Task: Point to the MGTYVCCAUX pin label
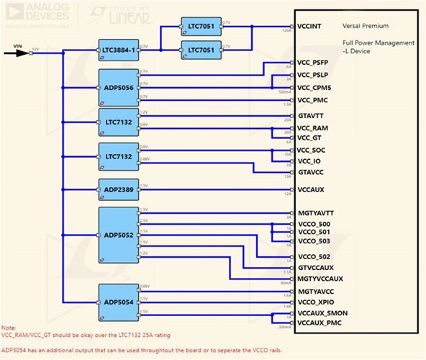320,278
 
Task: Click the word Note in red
9,328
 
